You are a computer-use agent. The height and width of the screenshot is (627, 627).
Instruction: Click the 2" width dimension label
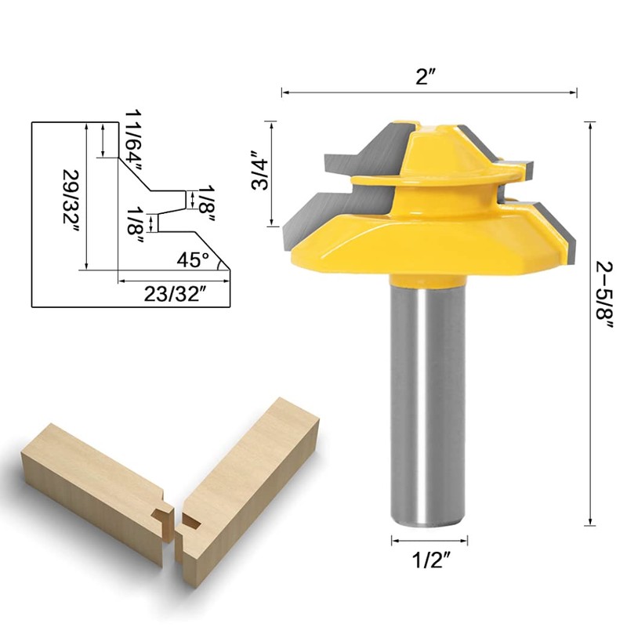click(x=429, y=78)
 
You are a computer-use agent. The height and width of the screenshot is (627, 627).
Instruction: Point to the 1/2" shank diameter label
click(x=429, y=561)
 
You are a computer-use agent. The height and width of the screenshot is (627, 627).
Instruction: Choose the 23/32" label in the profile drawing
click(x=176, y=293)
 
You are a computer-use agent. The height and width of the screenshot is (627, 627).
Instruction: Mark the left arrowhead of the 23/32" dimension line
click(x=121, y=280)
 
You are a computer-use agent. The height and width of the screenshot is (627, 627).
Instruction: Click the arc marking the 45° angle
click(x=221, y=263)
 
